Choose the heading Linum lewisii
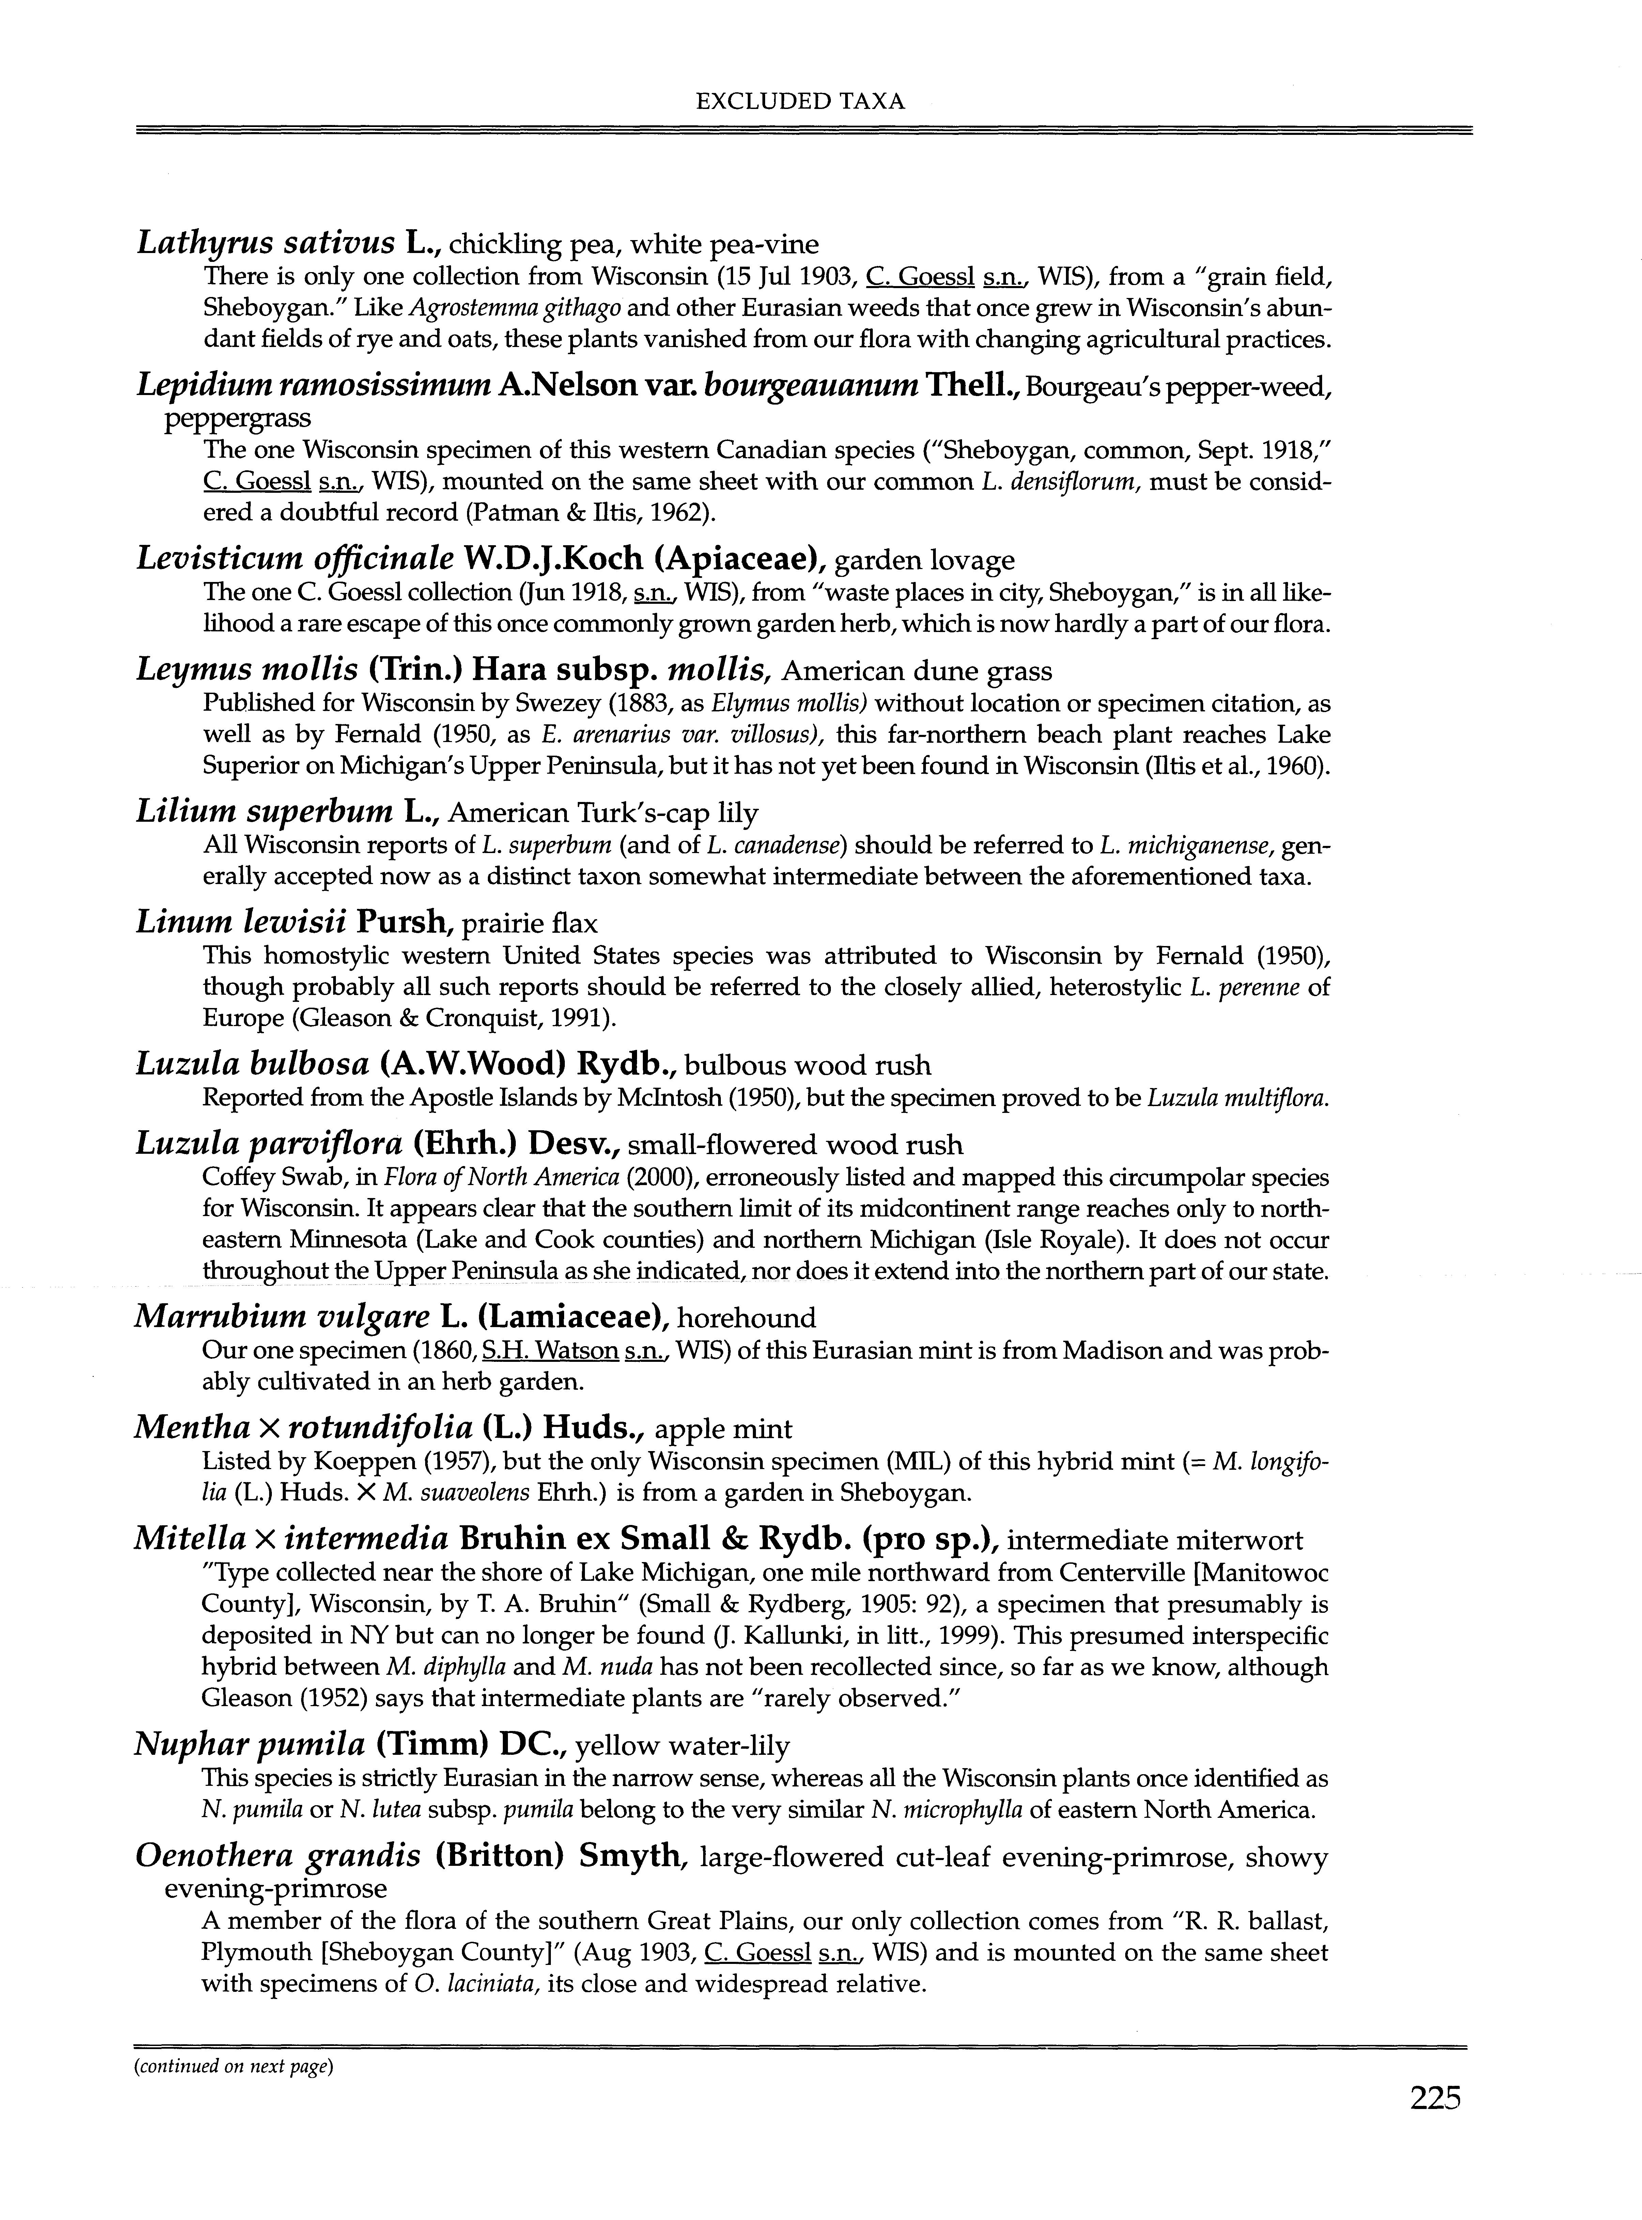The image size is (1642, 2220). (x=241, y=923)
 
